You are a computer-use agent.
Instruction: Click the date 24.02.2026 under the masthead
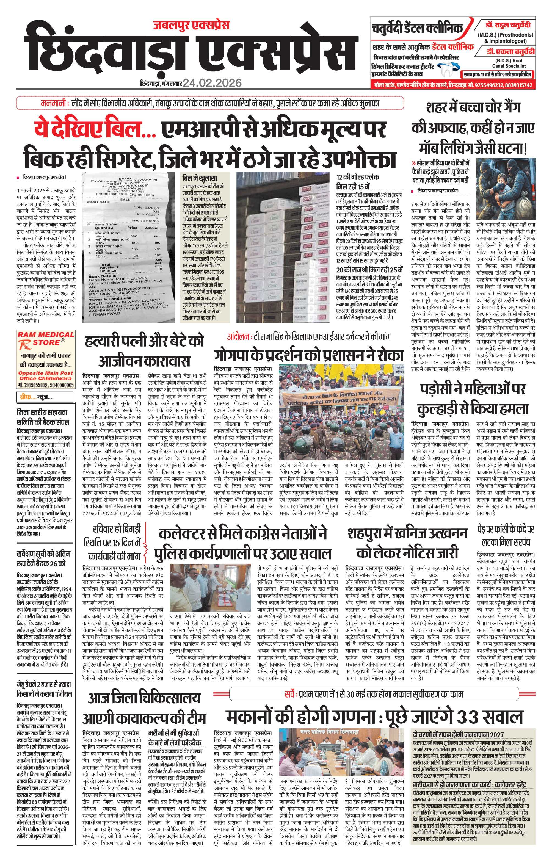point(212,83)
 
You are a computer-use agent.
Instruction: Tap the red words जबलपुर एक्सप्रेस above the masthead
point(191,26)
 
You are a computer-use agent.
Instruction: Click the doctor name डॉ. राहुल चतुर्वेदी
point(508,26)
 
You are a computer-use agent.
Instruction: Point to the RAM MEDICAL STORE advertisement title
point(46,339)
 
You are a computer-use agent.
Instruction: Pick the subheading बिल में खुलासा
point(200,178)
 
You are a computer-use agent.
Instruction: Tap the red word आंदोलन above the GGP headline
point(238,337)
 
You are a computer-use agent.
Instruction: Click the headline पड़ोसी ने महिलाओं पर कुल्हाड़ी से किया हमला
point(473,399)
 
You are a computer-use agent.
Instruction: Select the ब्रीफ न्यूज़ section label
point(36,397)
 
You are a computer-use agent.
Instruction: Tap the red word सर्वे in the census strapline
point(290,694)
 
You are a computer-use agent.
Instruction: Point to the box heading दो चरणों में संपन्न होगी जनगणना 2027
point(458,735)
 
